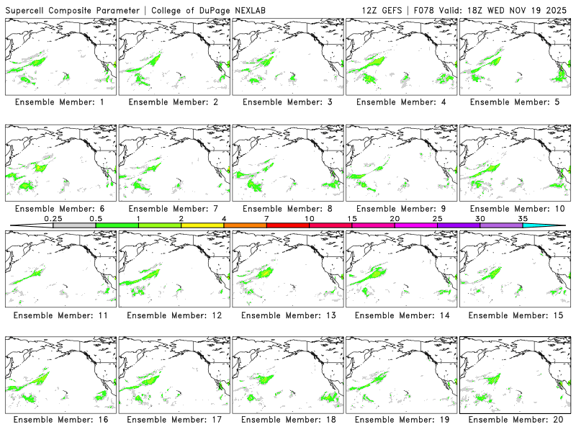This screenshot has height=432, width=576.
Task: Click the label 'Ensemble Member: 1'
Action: (61, 102)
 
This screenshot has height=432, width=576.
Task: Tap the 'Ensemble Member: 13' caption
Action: (289, 315)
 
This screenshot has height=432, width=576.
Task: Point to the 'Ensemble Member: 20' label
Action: (516, 420)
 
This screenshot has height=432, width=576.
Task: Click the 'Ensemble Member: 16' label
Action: (61, 420)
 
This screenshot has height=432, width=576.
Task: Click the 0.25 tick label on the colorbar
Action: (53, 218)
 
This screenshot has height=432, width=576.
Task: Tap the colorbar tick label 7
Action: (266, 218)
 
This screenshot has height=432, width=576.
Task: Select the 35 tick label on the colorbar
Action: (523, 218)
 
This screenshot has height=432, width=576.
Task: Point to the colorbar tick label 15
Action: (351, 218)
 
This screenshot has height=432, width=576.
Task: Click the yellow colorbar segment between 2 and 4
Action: (202, 225)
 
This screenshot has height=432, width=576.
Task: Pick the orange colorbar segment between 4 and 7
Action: (245, 225)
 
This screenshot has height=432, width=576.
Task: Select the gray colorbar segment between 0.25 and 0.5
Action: (74, 225)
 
